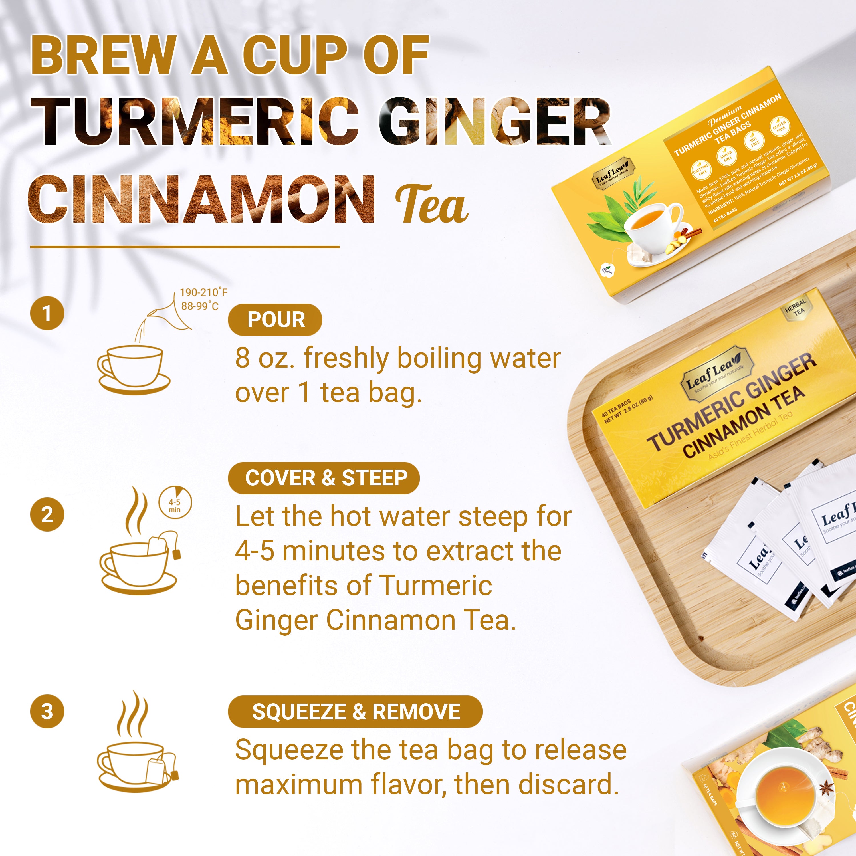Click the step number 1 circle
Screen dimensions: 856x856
pyautogui.click(x=47, y=313)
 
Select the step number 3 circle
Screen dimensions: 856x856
pyautogui.click(x=47, y=711)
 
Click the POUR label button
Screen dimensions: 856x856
pyautogui.click(x=275, y=320)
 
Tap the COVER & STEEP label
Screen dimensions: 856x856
pyautogui.click(x=324, y=478)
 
